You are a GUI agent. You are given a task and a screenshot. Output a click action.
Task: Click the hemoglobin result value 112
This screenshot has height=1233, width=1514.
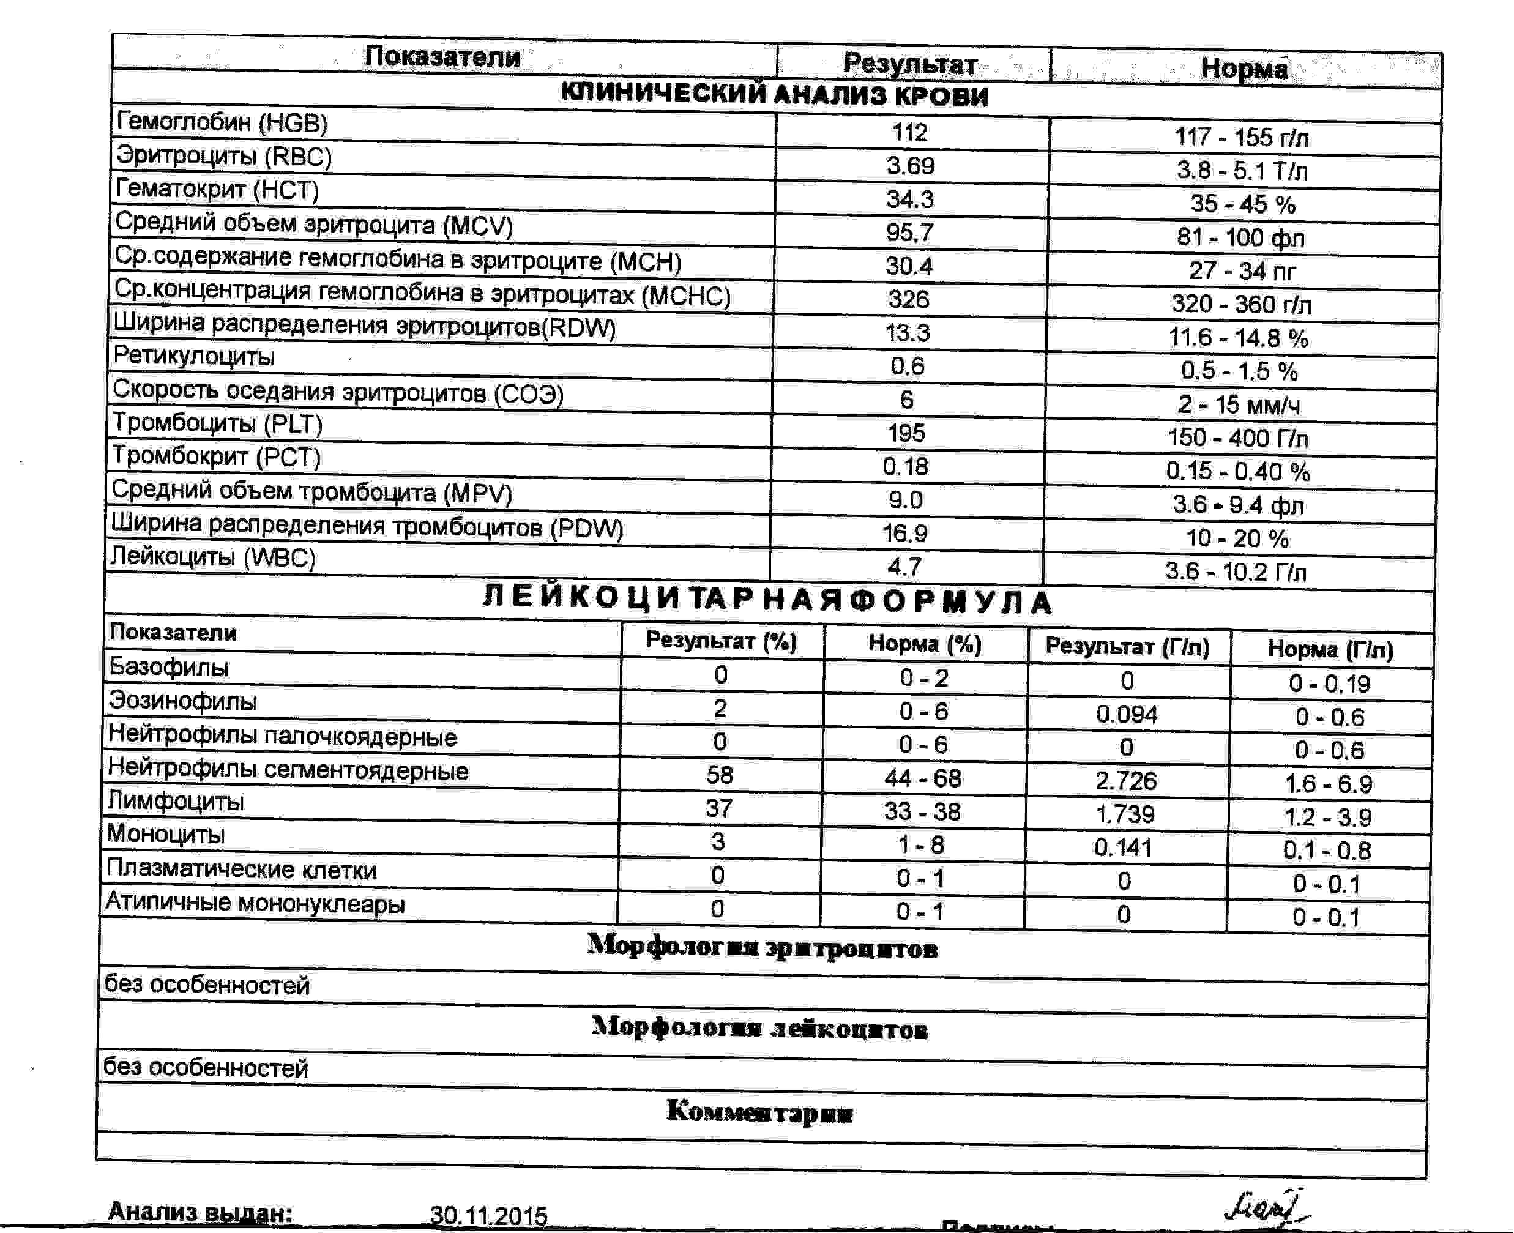click(x=909, y=132)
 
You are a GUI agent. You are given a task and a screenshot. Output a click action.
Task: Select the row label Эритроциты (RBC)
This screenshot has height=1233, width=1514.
click(x=224, y=155)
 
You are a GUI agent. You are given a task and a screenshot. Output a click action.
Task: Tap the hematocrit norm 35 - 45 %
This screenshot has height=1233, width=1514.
click(x=1243, y=204)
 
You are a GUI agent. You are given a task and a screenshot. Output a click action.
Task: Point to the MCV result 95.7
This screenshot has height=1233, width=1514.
click(x=909, y=233)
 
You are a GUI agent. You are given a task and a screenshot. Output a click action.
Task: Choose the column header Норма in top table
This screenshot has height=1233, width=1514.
click(x=1244, y=68)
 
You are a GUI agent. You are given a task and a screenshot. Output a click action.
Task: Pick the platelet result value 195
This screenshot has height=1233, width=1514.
click(x=906, y=433)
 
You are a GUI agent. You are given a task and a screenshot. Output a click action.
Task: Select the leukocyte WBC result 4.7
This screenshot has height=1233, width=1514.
click(x=904, y=566)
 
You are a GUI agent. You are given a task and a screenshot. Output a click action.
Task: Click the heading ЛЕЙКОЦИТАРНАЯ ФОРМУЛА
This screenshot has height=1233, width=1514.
click(x=767, y=600)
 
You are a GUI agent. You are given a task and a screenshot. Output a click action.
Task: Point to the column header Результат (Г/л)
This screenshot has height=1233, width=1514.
click(x=1128, y=646)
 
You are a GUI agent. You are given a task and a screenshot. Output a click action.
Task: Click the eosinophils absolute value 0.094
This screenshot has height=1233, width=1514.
click(x=1127, y=714)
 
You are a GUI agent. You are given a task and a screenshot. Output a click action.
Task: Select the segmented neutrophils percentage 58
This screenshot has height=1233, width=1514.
click(x=719, y=774)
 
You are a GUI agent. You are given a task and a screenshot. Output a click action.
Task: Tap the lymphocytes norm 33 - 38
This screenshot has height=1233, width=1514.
click(x=922, y=811)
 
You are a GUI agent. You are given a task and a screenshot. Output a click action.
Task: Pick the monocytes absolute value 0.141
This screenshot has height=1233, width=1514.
click(x=1124, y=847)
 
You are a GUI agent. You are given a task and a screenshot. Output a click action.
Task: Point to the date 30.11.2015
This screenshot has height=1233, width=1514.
click(x=488, y=1216)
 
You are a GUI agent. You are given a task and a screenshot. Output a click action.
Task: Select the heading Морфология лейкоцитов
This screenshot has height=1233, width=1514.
click(x=760, y=1029)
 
